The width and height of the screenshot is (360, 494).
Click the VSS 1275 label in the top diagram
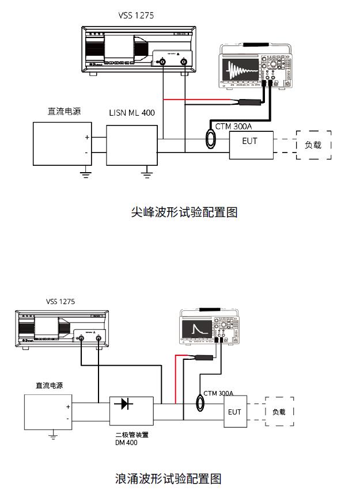[136, 16]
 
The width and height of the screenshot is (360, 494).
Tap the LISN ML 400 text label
[132, 113]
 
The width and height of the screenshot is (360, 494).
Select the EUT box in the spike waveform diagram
[251, 145]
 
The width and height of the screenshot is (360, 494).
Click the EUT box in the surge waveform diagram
[234, 412]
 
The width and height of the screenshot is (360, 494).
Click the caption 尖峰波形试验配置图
[184, 212]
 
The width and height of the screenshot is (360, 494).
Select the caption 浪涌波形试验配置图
[168, 478]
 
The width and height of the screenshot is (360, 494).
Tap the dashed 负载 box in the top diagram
[313, 145]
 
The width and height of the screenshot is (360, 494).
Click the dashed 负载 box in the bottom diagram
[279, 412]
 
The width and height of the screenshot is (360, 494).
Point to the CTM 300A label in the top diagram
[234, 126]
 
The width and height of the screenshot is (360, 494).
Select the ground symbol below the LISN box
[149, 170]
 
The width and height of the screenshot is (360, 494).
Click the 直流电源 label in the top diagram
[64, 111]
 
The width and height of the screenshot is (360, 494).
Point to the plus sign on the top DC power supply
[87, 137]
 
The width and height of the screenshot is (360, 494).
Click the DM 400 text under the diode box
[126, 443]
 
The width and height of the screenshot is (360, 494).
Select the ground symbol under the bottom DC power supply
[53, 436]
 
